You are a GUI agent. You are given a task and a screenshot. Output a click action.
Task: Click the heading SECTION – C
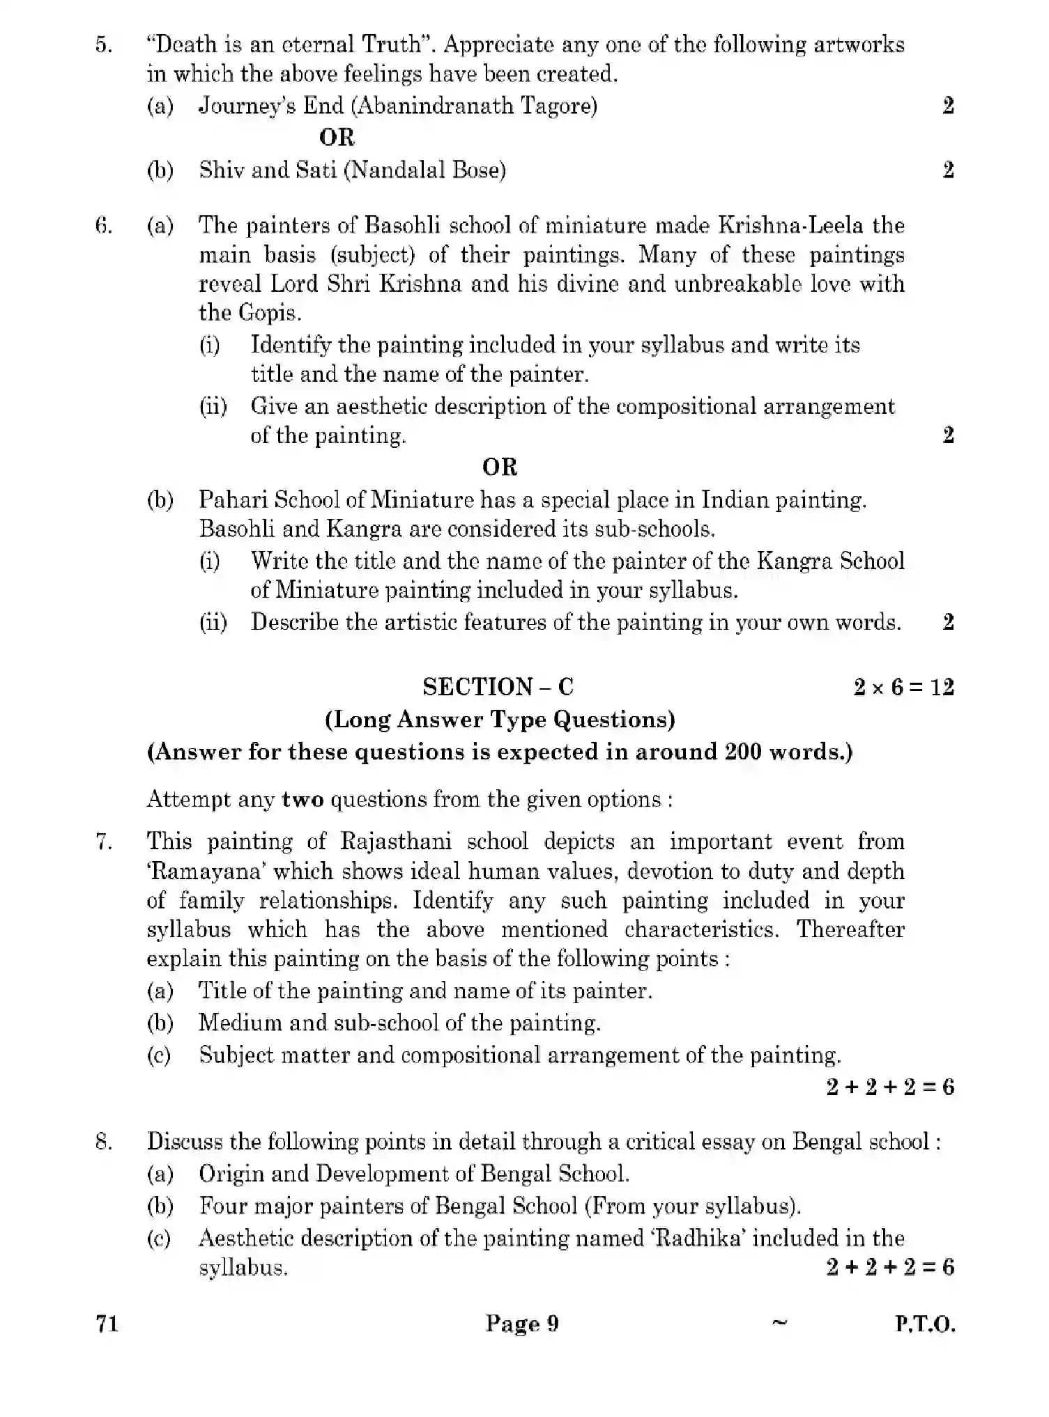(498, 687)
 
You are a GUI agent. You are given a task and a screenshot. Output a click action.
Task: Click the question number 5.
(103, 45)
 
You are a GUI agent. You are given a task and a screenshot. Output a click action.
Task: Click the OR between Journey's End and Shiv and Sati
(337, 138)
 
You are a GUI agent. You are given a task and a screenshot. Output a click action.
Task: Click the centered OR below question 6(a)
(499, 467)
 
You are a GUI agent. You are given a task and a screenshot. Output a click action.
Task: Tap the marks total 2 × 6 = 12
(903, 688)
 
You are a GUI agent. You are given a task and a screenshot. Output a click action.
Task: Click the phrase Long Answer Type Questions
(500, 719)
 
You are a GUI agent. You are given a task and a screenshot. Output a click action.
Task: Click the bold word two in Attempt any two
(303, 799)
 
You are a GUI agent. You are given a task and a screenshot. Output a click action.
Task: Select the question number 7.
(103, 842)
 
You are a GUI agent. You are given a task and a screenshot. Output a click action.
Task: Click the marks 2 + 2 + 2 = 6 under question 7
(890, 1087)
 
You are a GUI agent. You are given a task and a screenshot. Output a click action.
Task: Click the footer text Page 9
(522, 1324)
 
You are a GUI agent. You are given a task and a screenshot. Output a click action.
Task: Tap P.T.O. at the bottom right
(925, 1324)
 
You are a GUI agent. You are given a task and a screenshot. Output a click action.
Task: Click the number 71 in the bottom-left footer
(107, 1324)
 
